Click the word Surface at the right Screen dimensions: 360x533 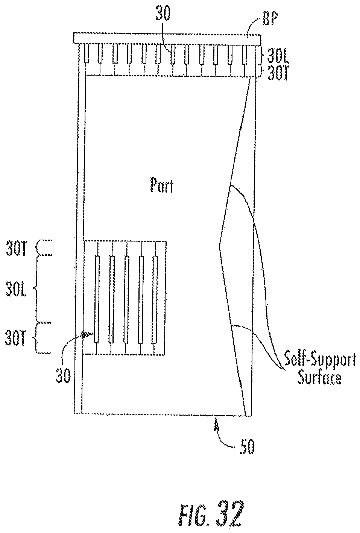point(320,377)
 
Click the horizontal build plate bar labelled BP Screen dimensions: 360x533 point(167,38)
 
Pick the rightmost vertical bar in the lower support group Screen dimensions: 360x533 point(154,299)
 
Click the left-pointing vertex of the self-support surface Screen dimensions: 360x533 point(220,246)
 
